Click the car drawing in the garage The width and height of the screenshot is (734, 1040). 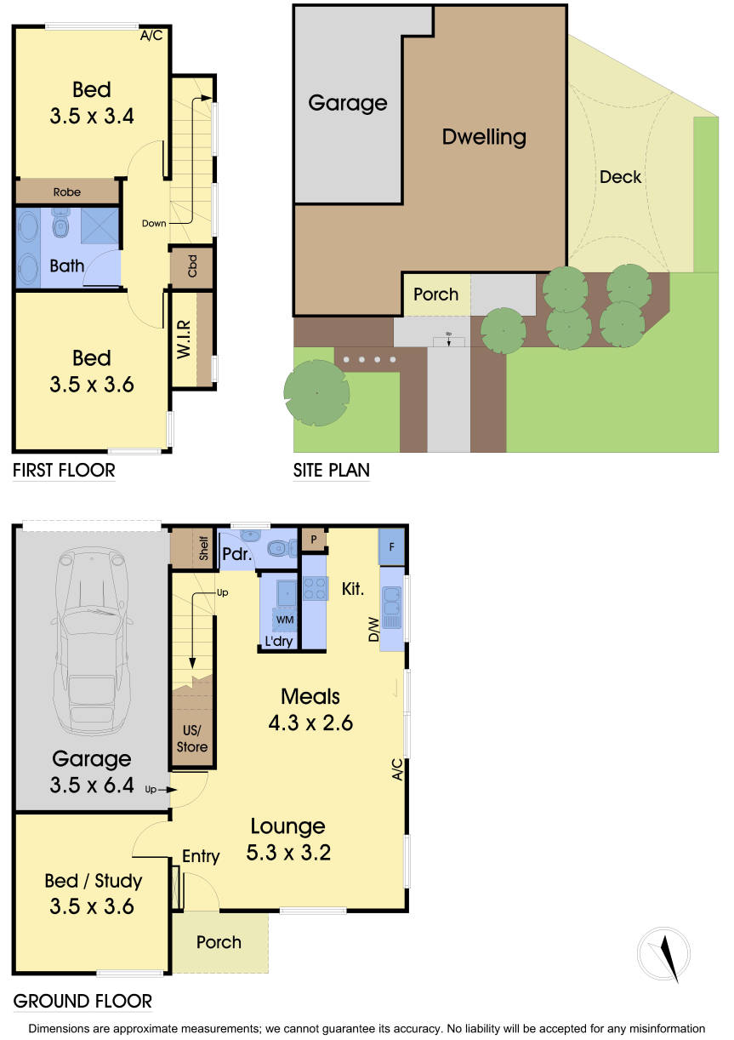click(x=91, y=640)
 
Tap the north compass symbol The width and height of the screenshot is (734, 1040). click(x=663, y=954)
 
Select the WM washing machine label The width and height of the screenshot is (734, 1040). click(x=284, y=620)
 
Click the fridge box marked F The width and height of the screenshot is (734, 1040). click(x=391, y=547)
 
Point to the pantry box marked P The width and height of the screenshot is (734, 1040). click(x=314, y=540)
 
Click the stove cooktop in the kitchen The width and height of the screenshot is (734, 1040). click(x=315, y=588)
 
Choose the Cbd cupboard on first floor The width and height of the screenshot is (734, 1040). click(x=191, y=266)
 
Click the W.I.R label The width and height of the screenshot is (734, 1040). click(x=184, y=340)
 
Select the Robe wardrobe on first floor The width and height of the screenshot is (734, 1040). click(x=67, y=191)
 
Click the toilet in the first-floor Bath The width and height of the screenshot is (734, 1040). click(x=60, y=223)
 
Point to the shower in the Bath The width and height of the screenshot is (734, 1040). click(x=100, y=226)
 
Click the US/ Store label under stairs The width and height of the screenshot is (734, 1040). click(x=191, y=738)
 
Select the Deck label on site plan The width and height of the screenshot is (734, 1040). click(x=620, y=177)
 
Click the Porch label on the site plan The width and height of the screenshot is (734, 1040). click(x=435, y=294)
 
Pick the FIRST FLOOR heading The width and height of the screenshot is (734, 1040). click(x=64, y=471)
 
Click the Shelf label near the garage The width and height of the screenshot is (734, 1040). click(x=203, y=548)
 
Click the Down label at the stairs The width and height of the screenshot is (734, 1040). click(x=154, y=223)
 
